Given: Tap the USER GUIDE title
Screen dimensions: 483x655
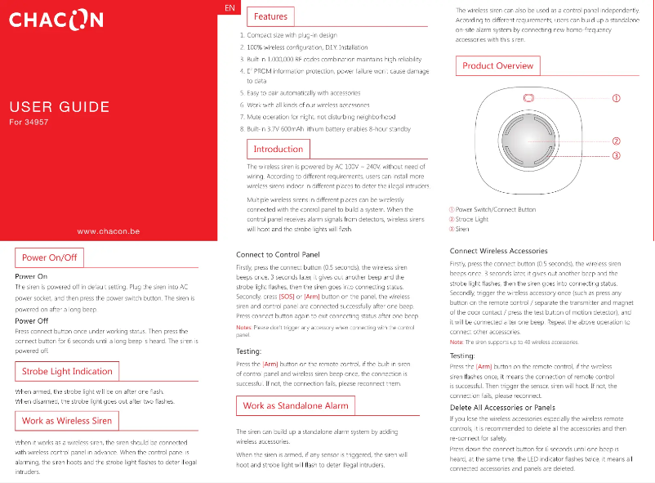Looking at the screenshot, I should point(59,107).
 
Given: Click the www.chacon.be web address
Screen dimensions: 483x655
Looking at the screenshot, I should point(108,231).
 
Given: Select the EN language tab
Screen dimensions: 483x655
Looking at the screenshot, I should point(230,7).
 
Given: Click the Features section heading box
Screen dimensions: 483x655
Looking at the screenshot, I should point(270,16).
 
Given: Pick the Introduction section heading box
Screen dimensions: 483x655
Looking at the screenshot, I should point(278,150).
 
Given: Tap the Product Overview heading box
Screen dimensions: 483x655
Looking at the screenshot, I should point(497,65).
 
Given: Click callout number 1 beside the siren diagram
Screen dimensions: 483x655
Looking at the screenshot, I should point(617,98).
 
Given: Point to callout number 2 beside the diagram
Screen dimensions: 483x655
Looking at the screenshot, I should point(617,141).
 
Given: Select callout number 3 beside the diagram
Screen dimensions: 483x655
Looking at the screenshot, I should point(617,155).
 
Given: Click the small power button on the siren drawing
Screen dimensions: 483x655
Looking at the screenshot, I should point(529,98).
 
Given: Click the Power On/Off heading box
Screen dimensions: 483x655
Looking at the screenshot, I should point(50,257).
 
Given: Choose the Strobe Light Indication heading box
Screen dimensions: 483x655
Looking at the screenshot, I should point(68,371).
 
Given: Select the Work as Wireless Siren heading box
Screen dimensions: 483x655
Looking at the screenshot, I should point(67,421).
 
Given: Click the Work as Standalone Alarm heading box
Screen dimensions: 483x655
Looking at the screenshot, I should point(295,405).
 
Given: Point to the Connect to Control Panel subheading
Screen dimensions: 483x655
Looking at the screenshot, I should point(277,255).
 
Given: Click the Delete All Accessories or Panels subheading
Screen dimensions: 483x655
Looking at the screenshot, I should point(503,407).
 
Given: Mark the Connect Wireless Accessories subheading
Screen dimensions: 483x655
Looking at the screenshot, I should point(498,250).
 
